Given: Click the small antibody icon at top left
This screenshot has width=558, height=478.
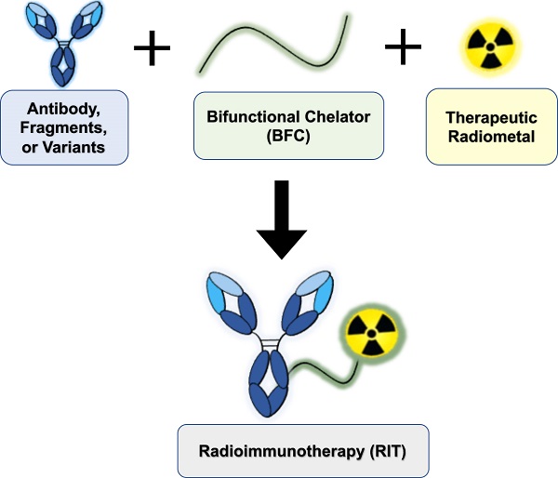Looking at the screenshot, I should pos(64,42).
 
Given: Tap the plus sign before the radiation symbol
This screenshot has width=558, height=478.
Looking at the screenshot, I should pos(404,47).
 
